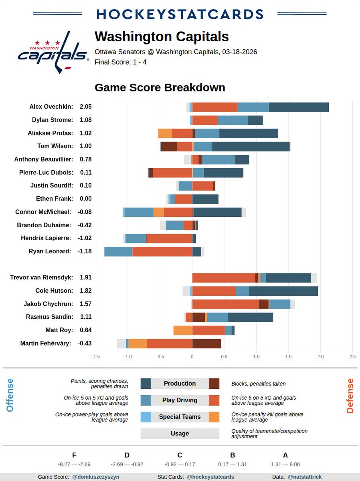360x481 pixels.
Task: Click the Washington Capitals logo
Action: point(53,56)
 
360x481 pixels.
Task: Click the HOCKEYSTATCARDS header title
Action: point(180,14)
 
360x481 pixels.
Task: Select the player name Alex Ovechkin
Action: point(51,107)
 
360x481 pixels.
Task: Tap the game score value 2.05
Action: point(86,107)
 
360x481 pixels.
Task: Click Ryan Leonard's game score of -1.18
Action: point(85,251)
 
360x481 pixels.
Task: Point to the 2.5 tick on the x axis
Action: point(352,356)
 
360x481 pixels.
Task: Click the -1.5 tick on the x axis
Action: point(96,356)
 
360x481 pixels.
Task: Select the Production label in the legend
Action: point(180,384)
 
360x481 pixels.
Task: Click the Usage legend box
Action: point(180,433)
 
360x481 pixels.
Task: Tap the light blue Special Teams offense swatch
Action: point(146,417)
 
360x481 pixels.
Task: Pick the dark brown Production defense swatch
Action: point(214,384)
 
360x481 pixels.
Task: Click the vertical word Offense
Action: point(10,395)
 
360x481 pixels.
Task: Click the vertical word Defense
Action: point(350,396)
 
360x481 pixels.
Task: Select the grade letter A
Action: point(285,455)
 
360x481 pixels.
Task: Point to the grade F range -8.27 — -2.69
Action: point(74,465)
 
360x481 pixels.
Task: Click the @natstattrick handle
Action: point(305,477)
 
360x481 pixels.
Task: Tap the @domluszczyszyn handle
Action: point(95,477)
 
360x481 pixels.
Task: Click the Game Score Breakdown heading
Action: point(160,87)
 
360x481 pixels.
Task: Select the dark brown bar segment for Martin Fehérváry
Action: point(206,344)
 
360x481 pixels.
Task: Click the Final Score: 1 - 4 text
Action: point(120,62)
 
